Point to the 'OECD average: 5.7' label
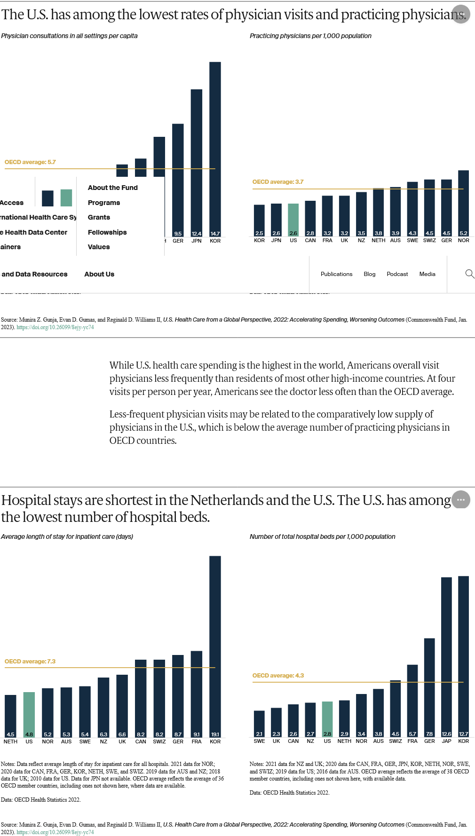30,162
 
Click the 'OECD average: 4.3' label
278,676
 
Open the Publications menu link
336,274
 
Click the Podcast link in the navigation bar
397,274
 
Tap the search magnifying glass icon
469,274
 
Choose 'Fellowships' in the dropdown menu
107,232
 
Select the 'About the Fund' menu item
113,188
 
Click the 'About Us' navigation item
99,274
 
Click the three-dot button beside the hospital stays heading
460,499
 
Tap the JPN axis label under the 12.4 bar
197,241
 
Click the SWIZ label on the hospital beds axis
396,741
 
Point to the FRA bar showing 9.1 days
197,694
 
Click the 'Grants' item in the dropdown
99,217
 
